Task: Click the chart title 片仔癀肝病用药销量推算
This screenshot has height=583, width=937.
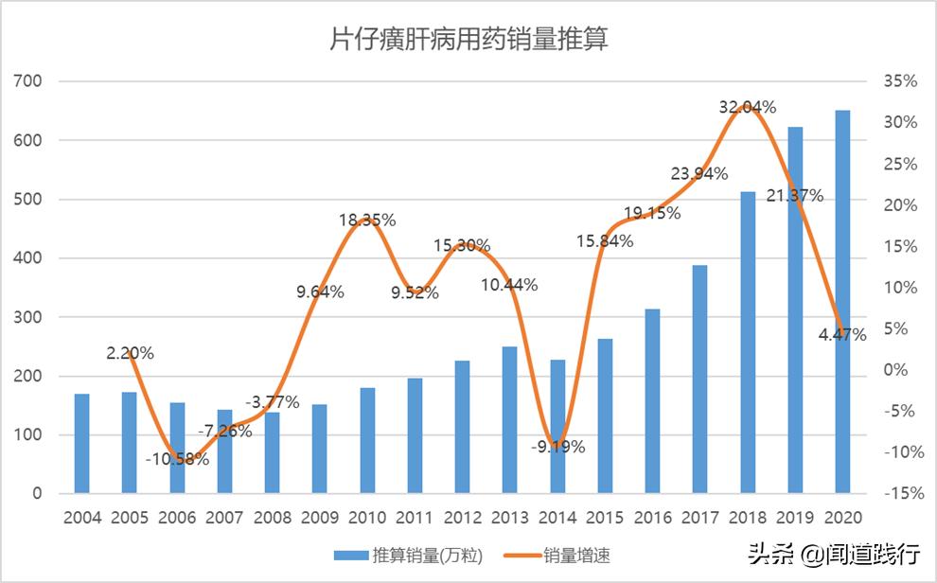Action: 468,39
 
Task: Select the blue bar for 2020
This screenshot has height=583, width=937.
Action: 842,302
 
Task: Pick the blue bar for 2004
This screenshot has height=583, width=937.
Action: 82,444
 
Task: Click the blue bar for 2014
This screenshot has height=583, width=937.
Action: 557,427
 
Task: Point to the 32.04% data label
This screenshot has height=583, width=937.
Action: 748,107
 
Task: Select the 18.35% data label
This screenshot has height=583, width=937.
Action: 367,220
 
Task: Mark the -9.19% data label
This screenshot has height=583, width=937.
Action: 557,447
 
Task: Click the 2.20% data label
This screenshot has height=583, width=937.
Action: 131,353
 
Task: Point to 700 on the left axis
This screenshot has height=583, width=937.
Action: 28,81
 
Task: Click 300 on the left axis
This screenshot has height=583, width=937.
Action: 28,317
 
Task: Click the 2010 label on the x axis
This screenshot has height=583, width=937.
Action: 367,518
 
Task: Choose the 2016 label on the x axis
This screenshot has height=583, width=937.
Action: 652,518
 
